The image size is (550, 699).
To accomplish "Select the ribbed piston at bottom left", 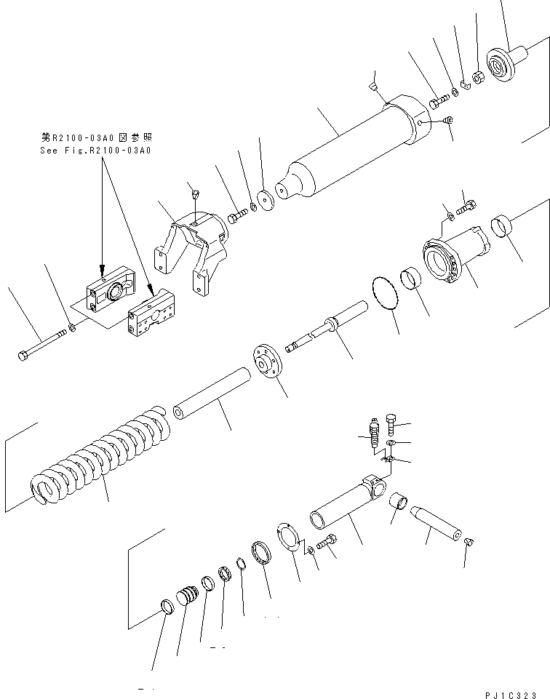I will [x=188, y=599].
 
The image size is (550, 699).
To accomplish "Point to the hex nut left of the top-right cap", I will [x=478, y=76].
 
